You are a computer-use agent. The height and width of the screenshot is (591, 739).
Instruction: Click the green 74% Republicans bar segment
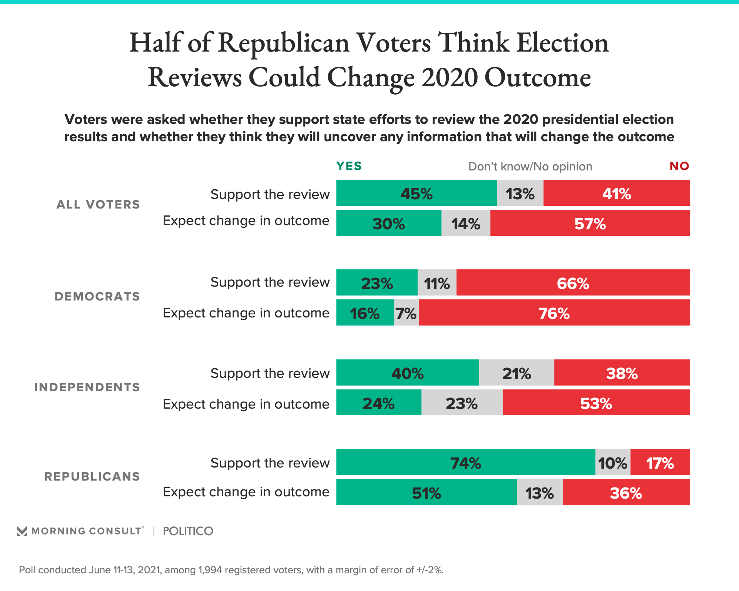click(466, 462)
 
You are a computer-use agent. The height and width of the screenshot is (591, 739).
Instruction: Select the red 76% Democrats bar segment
click(554, 312)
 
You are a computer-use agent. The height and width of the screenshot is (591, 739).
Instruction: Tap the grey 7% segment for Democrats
click(406, 312)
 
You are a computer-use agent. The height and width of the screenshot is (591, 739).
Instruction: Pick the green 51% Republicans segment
click(426, 492)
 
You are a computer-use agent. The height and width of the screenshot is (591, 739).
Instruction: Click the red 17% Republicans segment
click(660, 462)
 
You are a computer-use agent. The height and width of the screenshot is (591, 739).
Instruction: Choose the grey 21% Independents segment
click(517, 372)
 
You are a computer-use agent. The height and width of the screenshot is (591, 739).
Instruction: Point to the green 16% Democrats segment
click(365, 312)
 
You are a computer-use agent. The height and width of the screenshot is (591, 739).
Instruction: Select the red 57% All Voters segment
click(590, 223)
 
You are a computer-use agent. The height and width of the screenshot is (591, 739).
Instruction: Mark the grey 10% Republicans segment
click(613, 462)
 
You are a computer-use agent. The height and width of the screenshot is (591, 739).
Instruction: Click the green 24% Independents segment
click(379, 402)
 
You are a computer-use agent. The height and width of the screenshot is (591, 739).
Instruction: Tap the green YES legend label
click(349, 166)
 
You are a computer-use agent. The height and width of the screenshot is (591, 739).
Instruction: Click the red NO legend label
click(679, 166)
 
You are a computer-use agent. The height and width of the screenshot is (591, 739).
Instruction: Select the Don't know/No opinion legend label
click(530, 167)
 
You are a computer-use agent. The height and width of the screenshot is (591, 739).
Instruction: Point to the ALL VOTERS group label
click(98, 204)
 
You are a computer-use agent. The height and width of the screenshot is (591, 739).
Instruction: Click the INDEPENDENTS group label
click(87, 387)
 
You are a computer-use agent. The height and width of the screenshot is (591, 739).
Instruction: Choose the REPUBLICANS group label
click(92, 476)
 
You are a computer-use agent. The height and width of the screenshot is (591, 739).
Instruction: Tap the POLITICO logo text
click(188, 531)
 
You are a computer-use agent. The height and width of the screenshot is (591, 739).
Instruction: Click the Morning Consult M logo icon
click(22, 531)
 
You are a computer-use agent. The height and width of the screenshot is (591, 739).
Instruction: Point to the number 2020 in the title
click(450, 77)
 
